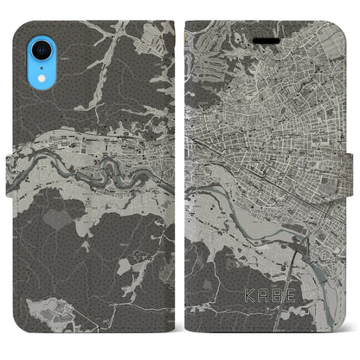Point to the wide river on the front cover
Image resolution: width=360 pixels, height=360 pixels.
(x=251, y=199)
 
